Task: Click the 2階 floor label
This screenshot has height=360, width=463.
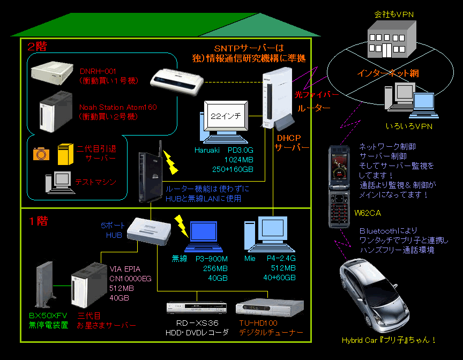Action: (37, 47)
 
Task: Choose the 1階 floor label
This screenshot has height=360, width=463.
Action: (37, 221)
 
